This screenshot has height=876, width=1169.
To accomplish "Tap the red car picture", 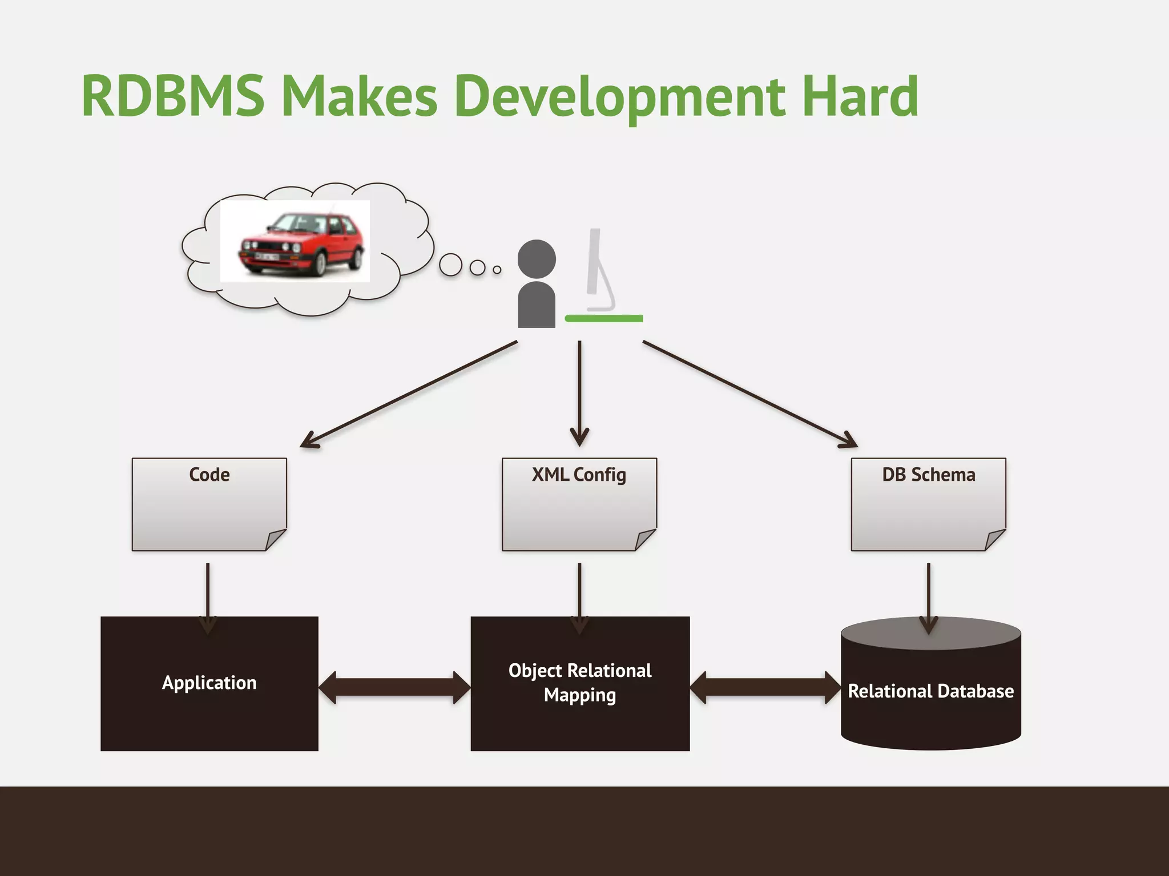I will [295, 241].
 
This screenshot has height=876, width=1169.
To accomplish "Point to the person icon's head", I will [537, 259].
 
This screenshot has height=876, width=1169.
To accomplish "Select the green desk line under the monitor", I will [603, 318].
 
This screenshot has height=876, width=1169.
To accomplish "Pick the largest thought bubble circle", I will [450, 265].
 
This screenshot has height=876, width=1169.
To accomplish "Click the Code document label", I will [209, 474].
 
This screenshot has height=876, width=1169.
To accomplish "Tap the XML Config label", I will [579, 474].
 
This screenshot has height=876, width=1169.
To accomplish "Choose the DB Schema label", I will [928, 474].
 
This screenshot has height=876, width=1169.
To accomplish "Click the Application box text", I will [209, 683].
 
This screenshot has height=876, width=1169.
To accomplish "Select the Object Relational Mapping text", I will [579, 683].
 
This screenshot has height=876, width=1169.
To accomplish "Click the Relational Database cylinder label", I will [930, 691].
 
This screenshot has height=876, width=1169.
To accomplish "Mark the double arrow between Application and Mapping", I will [394, 687].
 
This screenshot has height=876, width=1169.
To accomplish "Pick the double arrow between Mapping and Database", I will [765, 687].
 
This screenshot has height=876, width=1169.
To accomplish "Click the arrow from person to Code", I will [408, 394].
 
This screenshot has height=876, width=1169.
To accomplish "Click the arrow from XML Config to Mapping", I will [579, 596].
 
